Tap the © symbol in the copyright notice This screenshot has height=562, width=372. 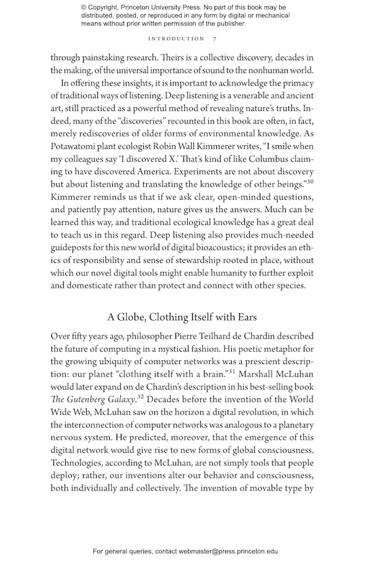click(84, 7)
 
